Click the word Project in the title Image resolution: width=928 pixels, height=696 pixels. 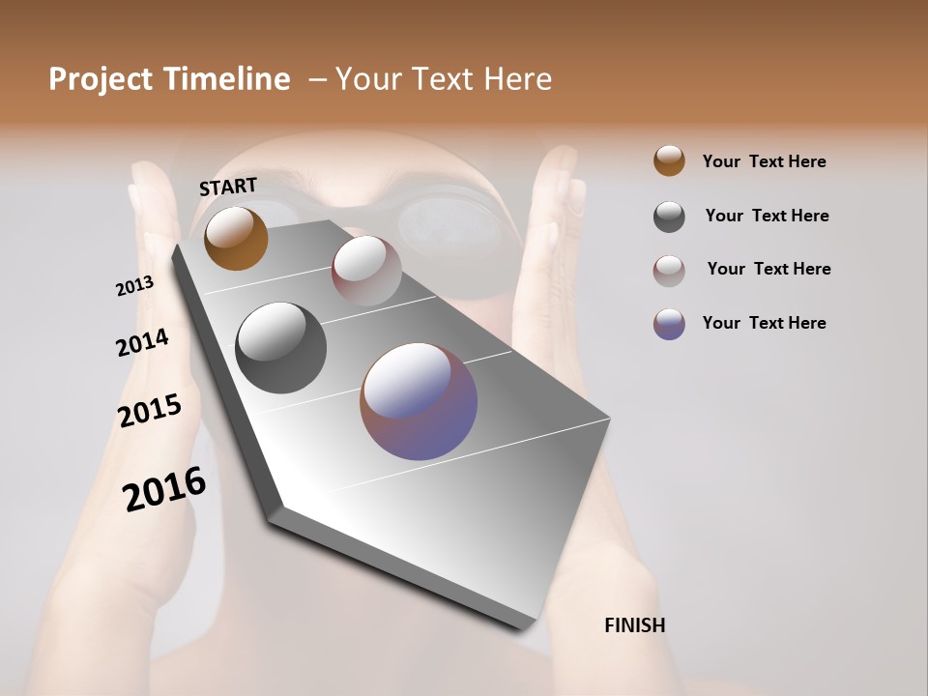tap(101, 79)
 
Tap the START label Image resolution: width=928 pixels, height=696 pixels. tap(228, 187)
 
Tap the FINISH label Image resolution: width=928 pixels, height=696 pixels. tap(634, 625)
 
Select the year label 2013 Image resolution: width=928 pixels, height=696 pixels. tap(134, 286)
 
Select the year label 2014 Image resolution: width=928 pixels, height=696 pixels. tap(142, 342)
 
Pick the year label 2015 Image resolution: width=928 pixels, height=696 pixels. tap(150, 411)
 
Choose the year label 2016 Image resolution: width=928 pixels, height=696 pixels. tap(164, 489)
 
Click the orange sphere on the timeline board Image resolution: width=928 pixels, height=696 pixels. tap(236, 238)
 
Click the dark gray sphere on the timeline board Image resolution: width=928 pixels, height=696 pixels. tap(280, 348)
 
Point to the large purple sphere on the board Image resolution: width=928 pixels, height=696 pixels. tap(419, 401)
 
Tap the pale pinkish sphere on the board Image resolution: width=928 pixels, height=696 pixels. tap(366, 271)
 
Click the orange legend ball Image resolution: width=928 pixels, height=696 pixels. tap(669, 160)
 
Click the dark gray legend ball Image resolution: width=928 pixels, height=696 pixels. tap(669, 217)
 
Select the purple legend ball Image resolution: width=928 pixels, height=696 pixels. tap(669, 324)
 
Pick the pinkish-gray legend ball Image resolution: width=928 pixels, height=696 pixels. tap(669, 271)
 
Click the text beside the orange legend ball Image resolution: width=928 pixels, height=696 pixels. tap(764, 161)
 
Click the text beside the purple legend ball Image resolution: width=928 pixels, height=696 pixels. tap(764, 323)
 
